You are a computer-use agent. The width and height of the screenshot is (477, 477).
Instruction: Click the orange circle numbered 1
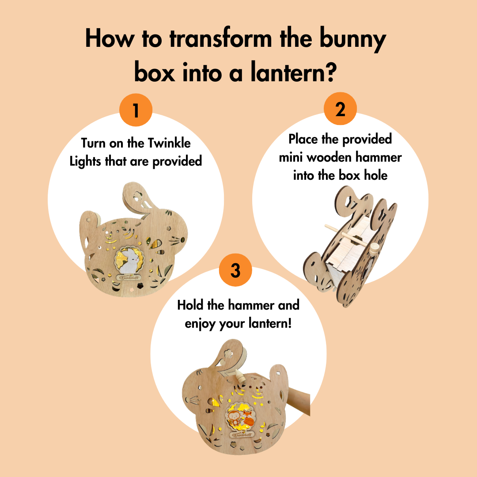tap(136, 110)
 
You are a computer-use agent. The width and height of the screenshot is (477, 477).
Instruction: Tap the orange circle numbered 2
tap(340, 109)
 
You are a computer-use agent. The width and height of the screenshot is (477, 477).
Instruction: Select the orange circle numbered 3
tap(235, 270)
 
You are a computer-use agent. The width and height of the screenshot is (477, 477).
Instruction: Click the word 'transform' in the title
tap(220, 38)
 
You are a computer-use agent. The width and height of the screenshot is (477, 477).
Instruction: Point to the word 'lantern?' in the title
tap(294, 73)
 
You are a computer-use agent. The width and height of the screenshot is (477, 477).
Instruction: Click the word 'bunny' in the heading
tap(352, 40)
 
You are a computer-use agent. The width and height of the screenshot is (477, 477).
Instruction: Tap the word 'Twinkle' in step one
tap(169, 143)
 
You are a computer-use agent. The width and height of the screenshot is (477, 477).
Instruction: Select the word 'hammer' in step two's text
tap(378, 157)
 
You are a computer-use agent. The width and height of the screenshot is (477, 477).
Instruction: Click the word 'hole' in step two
tap(376, 175)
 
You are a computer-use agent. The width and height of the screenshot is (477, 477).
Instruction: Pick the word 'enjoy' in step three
tap(200, 324)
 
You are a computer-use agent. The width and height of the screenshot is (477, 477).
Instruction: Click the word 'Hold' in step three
tap(190, 305)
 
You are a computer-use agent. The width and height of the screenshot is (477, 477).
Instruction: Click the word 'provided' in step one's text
tap(177, 162)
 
